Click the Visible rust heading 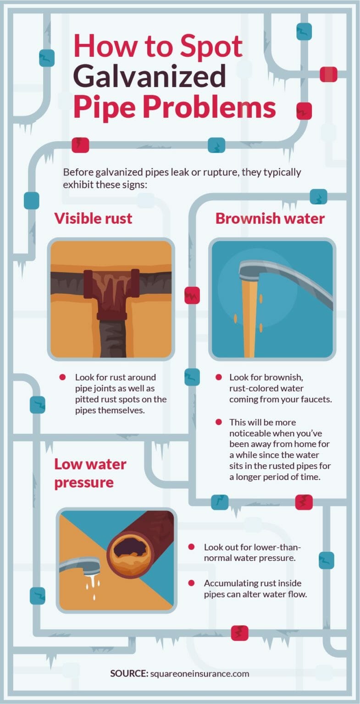click(93, 218)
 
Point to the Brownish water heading click(270, 218)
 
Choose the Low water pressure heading click(90, 473)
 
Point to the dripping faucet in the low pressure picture click(80, 565)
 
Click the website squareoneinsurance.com click(199, 673)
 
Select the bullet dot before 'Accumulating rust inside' click(191, 583)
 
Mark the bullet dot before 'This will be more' click(219, 422)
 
